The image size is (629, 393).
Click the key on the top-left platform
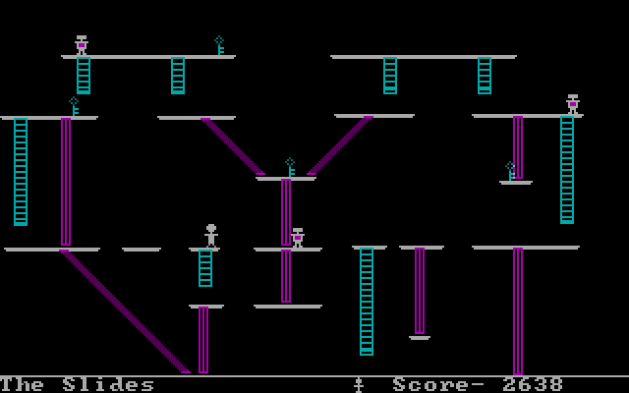click(x=219, y=45)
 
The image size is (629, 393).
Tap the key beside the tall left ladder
click(x=74, y=106)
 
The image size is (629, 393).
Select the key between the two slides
click(x=290, y=167)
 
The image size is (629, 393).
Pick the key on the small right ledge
click(x=510, y=171)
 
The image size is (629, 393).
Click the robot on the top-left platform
click(x=82, y=45)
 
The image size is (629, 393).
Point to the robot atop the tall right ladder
click(x=573, y=104)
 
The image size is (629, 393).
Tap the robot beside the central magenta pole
click(x=297, y=238)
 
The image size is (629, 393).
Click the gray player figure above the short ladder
click(x=211, y=236)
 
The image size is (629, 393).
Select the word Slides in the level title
click(x=108, y=384)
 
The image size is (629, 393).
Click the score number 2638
click(x=533, y=384)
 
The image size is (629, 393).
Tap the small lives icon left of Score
click(x=359, y=384)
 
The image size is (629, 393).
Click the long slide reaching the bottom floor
click(x=125, y=311)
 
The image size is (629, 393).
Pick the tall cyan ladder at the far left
click(x=21, y=172)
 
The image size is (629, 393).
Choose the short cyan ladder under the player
click(x=205, y=268)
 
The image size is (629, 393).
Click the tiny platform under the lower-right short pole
click(x=420, y=338)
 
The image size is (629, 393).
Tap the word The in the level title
click(x=22, y=384)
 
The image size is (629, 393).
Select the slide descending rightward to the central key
click(x=233, y=146)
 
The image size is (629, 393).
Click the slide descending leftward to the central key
click(x=340, y=145)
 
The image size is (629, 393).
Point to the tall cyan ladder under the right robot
click(x=567, y=170)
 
